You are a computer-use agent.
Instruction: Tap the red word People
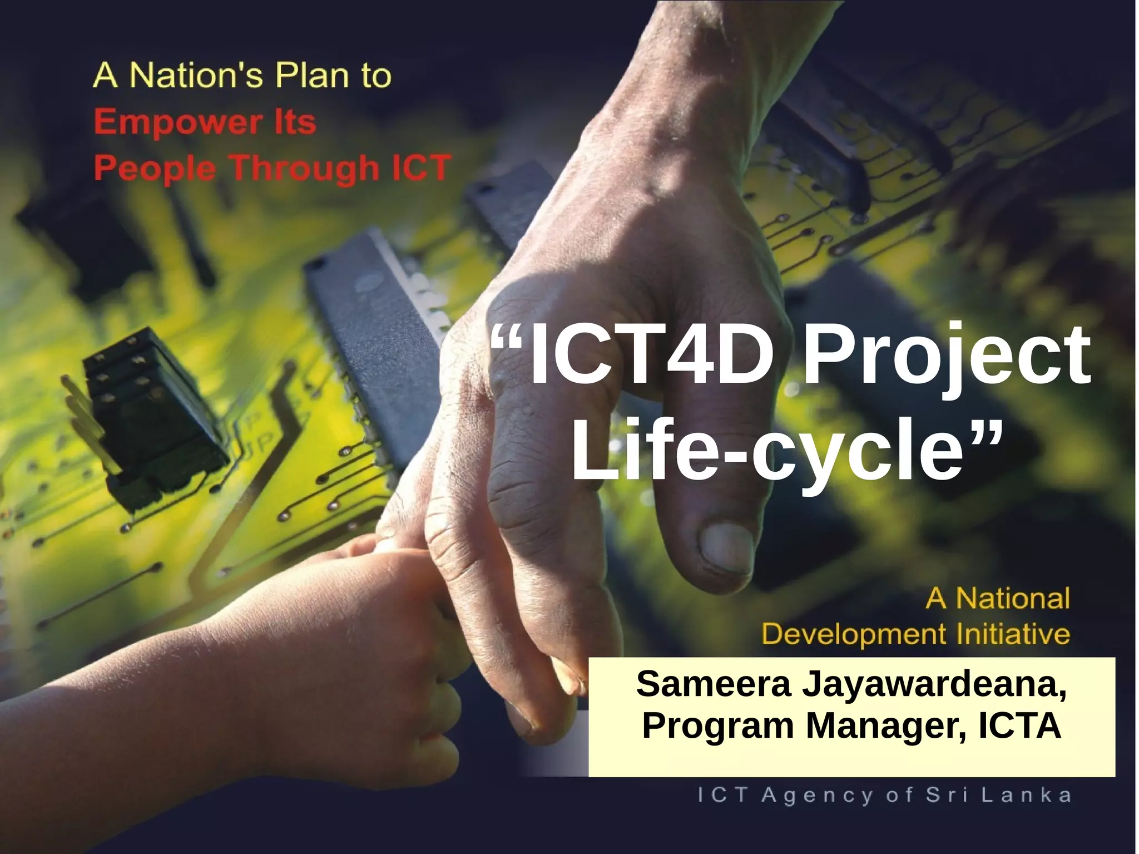point(154,169)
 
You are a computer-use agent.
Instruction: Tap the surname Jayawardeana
point(934,685)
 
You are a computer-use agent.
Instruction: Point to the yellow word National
point(1013,599)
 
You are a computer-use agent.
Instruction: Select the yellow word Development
point(854,634)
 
